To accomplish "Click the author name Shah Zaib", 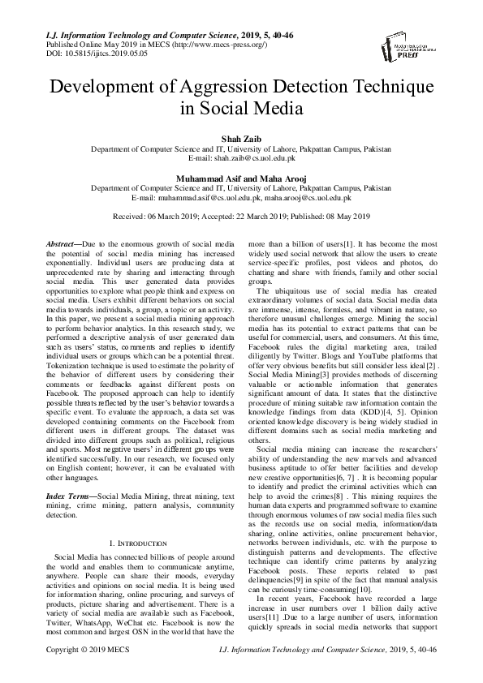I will [241, 140].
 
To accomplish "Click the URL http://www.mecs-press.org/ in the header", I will [203, 44].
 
